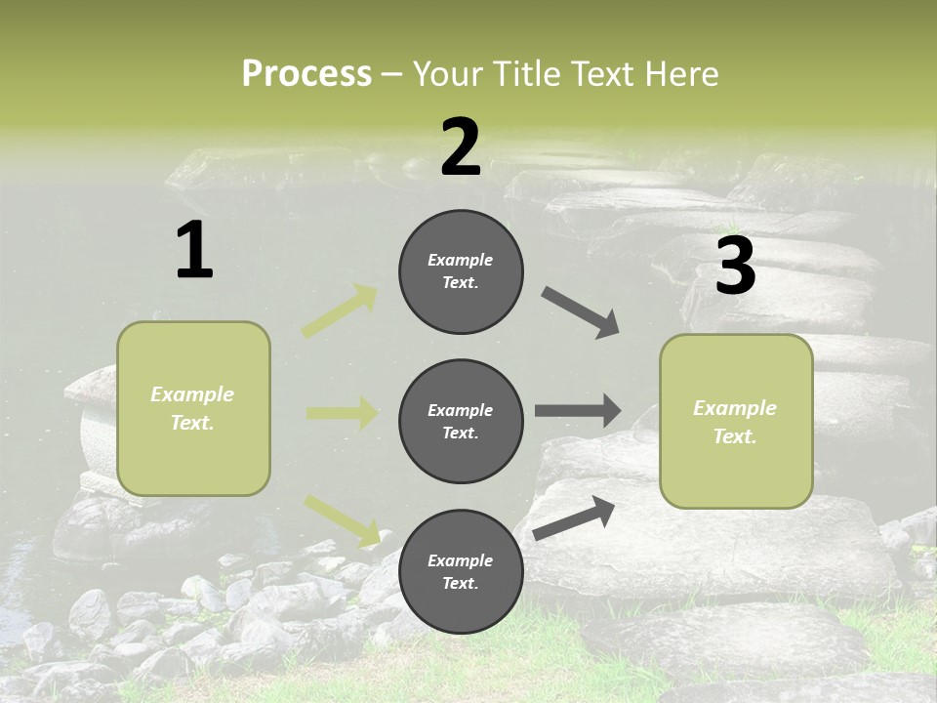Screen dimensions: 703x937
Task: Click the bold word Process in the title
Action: point(306,74)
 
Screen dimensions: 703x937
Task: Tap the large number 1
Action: point(194,251)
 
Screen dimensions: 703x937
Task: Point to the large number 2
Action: point(461,147)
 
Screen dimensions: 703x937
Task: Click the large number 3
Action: point(735,266)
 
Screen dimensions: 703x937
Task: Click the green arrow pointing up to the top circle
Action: point(340,311)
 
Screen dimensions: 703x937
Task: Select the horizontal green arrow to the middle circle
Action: point(342,413)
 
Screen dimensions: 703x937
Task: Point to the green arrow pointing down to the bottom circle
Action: point(343,519)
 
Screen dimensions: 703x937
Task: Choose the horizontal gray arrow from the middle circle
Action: point(577,410)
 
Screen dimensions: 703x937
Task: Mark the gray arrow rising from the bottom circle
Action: point(575,518)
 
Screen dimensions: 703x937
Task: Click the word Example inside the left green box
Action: point(192,394)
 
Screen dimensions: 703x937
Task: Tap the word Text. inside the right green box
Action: point(735,436)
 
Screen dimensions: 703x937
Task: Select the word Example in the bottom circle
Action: point(460,560)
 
